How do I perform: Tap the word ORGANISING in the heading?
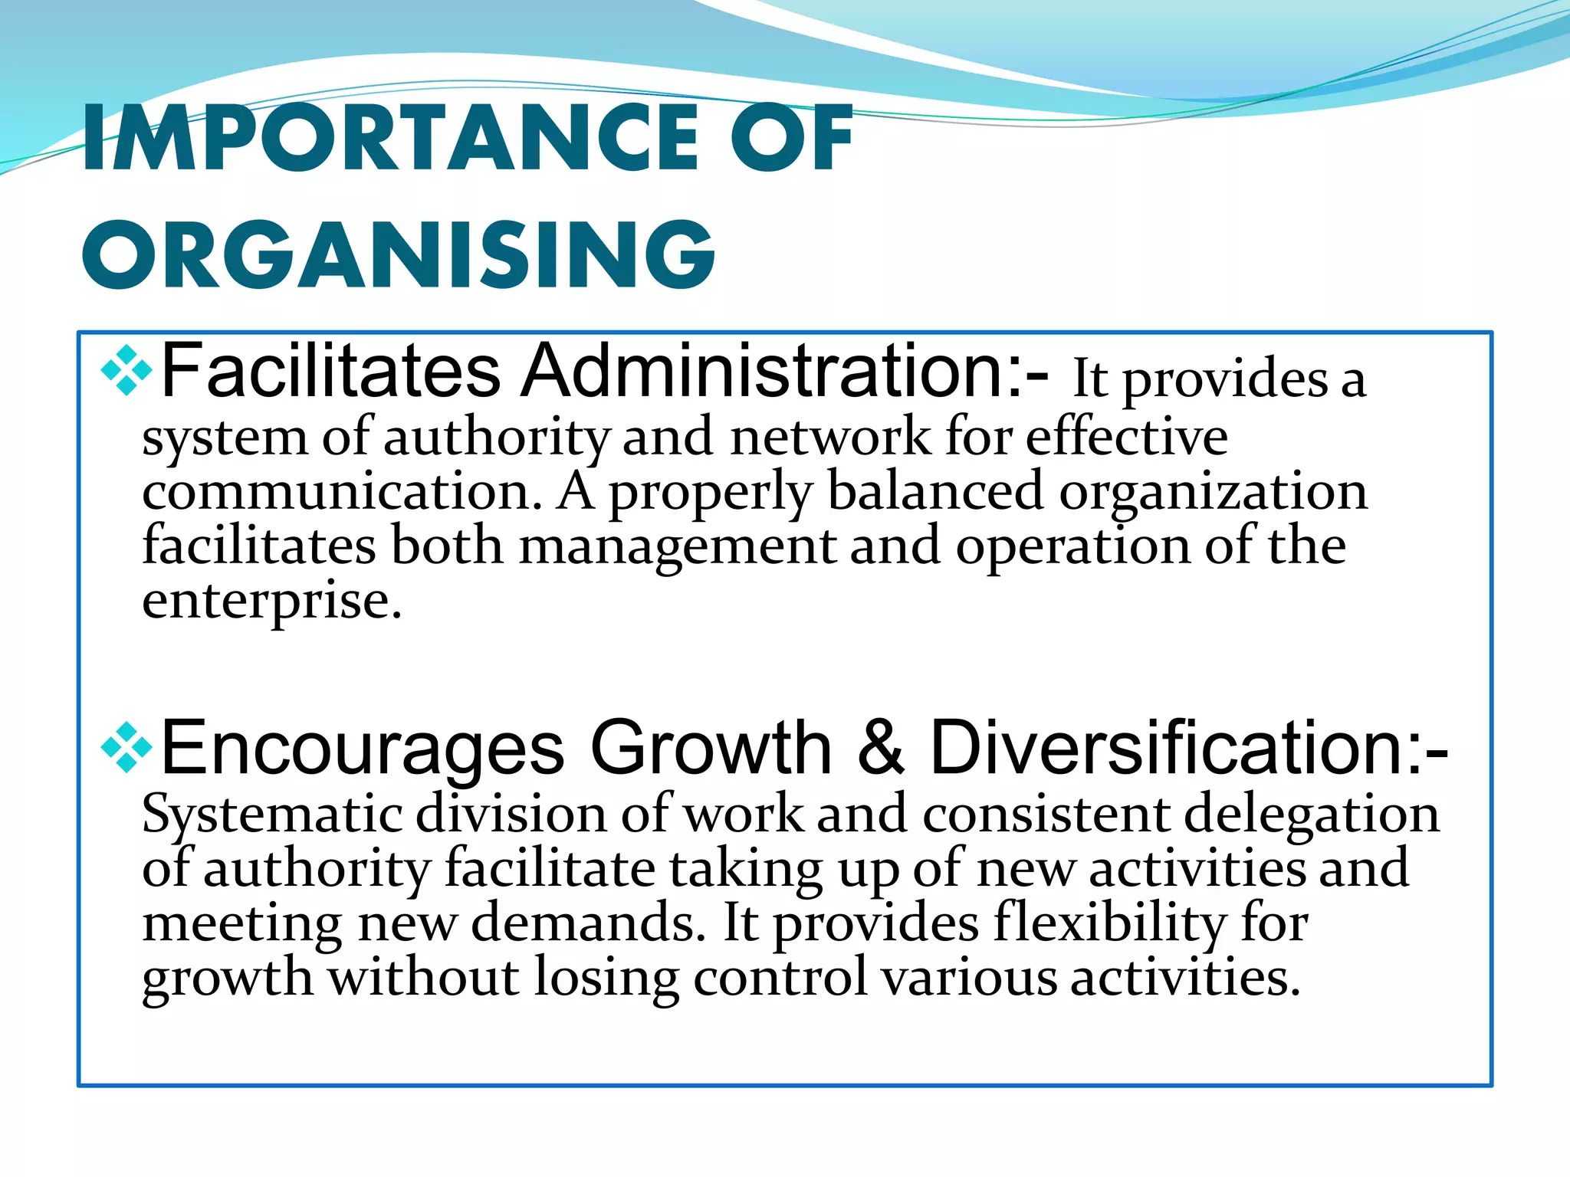tap(399, 254)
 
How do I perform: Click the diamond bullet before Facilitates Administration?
tap(126, 372)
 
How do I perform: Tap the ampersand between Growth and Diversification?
tap(881, 748)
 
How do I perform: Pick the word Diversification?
tap(1188, 748)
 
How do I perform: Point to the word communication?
tap(342, 492)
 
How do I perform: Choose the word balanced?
tap(935, 492)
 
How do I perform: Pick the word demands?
tap(587, 924)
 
